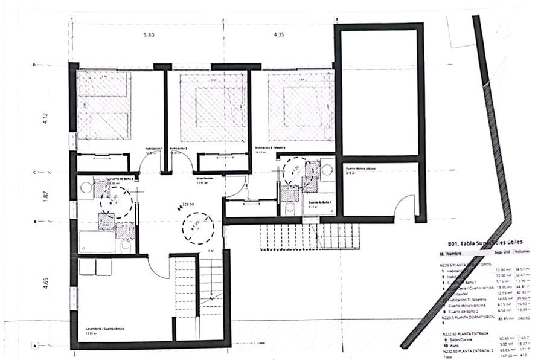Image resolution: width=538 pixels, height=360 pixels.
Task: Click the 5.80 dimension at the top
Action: coord(149,35)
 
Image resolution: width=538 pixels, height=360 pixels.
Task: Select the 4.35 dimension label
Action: coord(278,35)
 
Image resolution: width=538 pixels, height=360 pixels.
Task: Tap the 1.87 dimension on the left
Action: coord(44,196)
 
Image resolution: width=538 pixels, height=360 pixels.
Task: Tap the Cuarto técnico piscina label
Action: coord(362,168)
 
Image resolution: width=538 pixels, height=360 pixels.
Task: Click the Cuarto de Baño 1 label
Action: coord(320,202)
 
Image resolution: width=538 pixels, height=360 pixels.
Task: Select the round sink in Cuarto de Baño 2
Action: coord(86,188)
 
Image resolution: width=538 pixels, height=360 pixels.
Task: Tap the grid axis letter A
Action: coord(36,346)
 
